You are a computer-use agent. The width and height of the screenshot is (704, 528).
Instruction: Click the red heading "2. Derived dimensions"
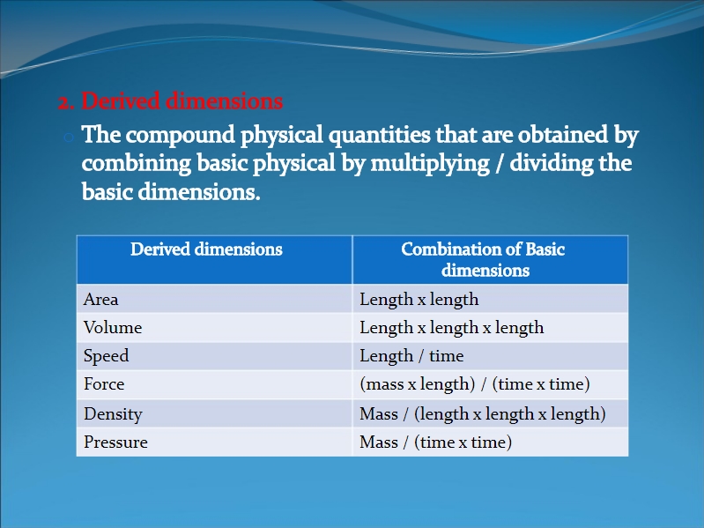(x=171, y=101)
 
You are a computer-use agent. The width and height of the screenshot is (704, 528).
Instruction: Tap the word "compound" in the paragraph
(x=180, y=135)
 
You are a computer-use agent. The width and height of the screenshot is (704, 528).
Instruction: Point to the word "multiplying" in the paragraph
(x=430, y=163)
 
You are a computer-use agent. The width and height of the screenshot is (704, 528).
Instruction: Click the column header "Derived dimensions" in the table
(x=206, y=249)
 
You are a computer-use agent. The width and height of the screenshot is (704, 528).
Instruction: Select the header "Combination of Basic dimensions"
(x=484, y=259)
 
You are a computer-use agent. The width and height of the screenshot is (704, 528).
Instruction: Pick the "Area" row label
(x=101, y=300)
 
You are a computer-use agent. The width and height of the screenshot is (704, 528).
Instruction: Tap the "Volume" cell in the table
(x=113, y=328)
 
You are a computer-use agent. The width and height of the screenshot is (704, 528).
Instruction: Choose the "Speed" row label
(x=107, y=356)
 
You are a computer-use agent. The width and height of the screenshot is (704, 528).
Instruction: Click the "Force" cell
(x=104, y=384)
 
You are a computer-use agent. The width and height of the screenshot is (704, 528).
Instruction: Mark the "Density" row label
(x=113, y=414)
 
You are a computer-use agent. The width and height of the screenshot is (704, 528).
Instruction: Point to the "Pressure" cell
(x=115, y=442)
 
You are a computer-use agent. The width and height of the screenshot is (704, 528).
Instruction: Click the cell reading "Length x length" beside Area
(x=419, y=300)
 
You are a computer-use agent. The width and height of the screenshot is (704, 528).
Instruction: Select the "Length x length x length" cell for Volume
(x=452, y=328)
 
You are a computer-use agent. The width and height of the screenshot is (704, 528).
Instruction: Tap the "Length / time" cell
(x=411, y=356)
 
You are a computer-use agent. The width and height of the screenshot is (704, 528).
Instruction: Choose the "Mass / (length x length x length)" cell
(x=483, y=414)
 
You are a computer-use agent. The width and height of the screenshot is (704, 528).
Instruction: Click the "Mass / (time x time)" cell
(x=436, y=442)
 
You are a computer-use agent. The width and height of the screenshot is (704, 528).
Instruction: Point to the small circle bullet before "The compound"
(x=69, y=138)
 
